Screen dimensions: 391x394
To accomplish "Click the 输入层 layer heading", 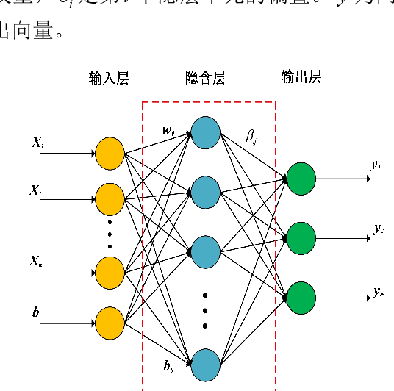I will (109, 79).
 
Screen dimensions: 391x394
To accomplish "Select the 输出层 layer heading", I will (301, 77).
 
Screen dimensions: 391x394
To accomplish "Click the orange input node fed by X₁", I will (110, 154).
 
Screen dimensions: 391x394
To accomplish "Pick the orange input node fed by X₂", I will (110, 198).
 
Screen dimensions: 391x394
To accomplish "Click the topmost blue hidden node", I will (205, 132).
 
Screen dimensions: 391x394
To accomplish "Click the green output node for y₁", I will (301, 179).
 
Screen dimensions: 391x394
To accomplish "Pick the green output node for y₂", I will (301, 238).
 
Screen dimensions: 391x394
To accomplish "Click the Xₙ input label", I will (37, 260).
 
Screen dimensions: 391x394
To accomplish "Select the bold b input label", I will (35, 313).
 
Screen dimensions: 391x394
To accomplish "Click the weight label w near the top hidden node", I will (169, 132).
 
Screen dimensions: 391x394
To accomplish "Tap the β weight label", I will (251, 136).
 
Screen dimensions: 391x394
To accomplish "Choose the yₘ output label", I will (379, 292).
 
